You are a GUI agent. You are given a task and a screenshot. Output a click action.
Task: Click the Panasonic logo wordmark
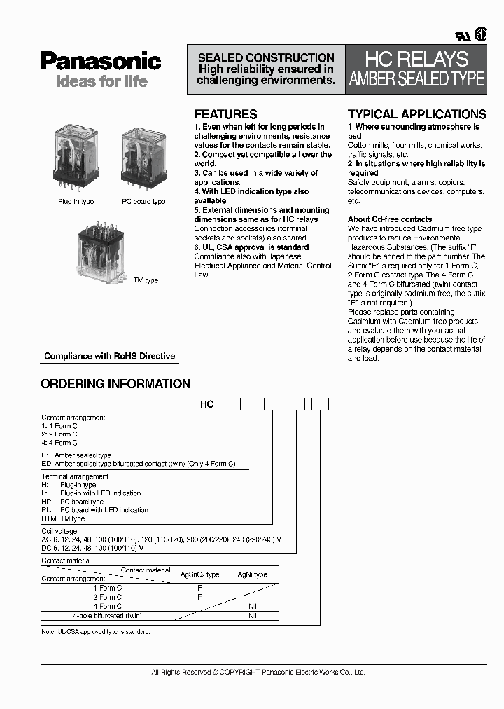[x=101, y=62]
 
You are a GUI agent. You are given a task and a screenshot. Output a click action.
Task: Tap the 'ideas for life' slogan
[x=101, y=81]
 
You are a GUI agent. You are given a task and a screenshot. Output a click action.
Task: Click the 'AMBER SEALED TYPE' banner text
[x=416, y=79]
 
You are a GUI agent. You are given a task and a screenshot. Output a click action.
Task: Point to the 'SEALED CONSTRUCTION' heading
[x=266, y=57]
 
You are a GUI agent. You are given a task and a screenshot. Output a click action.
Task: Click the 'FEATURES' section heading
[x=225, y=114]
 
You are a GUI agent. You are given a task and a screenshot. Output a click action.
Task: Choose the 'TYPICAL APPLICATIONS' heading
[x=416, y=114]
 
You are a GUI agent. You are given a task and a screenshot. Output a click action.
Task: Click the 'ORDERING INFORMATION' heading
[x=115, y=384]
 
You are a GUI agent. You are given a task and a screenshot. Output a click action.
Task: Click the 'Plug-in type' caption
[x=76, y=202]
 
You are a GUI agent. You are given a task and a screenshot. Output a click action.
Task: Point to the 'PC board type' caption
[x=143, y=202]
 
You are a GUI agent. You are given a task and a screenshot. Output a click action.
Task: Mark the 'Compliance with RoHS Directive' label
[x=109, y=356]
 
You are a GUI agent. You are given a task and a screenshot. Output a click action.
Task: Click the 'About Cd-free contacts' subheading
[x=390, y=219]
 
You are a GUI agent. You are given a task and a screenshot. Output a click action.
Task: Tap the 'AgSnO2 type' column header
[x=199, y=574]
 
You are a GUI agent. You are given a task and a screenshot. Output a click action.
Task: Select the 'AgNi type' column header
[x=252, y=574]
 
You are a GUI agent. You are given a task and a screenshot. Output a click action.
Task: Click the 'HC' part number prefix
[x=207, y=404]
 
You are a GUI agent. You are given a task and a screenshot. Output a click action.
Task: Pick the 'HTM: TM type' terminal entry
[x=63, y=518]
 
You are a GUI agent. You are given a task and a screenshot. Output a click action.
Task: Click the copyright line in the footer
[x=258, y=673]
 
